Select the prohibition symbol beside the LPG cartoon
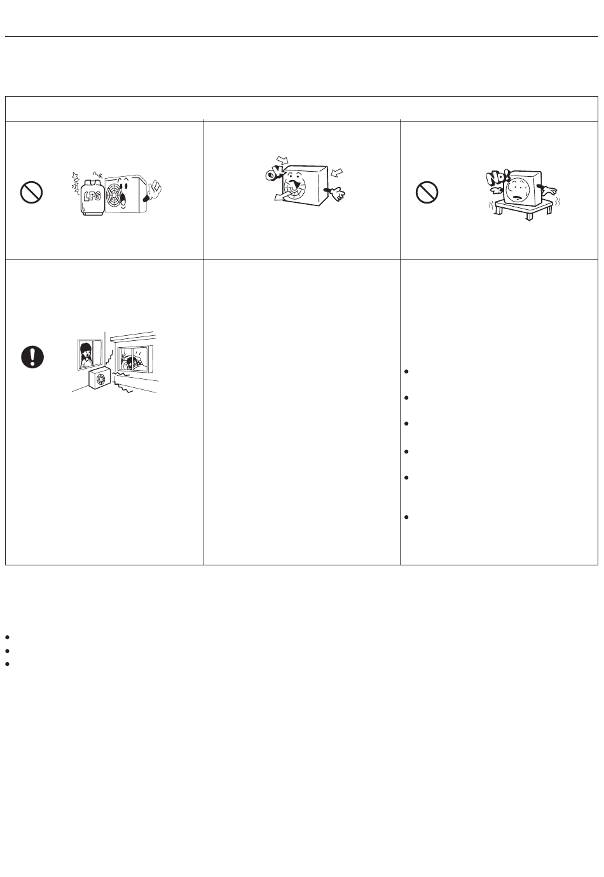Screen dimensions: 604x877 pos(31,192)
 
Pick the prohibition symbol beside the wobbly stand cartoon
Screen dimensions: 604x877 pos(427,192)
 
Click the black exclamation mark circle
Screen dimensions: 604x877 pos(32,357)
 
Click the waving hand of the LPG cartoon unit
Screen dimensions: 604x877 pos(153,191)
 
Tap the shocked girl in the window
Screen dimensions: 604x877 pos(86,356)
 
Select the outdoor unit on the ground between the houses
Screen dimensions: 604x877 pos(101,379)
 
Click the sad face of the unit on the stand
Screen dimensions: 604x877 pos(518,188)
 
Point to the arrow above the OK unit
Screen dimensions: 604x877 pos(282,160)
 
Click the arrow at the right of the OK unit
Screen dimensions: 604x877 pos(336,172)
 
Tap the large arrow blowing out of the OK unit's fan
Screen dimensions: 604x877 pos(283,194)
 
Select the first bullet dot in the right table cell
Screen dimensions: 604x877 pos(406,371)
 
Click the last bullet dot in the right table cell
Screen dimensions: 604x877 pos(406,517)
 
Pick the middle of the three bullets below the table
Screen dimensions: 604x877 pos(8,651)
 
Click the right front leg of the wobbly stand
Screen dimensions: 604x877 pos(529,216)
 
